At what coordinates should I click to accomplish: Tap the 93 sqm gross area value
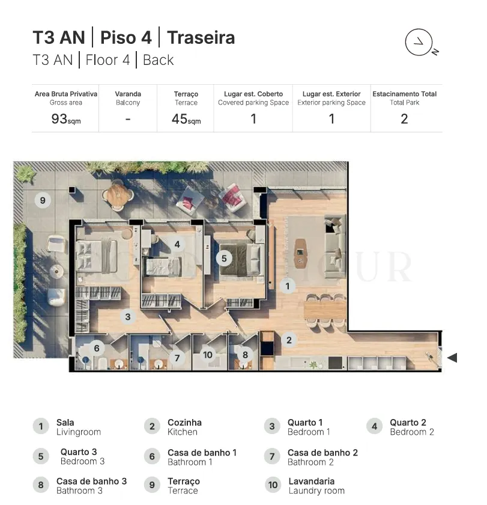click(66, 119)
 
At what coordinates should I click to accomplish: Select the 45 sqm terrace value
click(186, 119)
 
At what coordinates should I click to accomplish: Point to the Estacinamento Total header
click(404, 94)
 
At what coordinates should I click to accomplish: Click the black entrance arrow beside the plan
click(452, 358)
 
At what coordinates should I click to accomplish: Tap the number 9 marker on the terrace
click(43, 200)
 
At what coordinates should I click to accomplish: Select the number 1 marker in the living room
click(287, 286)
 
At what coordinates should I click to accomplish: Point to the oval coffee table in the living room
click(300, 254)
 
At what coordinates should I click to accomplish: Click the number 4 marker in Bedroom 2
click(177, 244)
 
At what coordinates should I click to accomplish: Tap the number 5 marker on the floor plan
click(224, 259)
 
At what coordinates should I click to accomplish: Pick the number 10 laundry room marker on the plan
click(208, 355)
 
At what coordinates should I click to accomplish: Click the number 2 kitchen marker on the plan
click(289, 340)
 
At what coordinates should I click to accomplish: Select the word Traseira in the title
click(201, 37)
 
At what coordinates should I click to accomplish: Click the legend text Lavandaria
click(312, 481)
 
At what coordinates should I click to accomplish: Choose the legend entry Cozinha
click(184, 423)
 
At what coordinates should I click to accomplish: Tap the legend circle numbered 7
click(272, 456)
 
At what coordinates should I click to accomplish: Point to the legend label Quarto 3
click(79, 452)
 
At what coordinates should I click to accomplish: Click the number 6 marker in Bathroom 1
click(97, 348)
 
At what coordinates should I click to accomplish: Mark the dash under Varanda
click(128, 120)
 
